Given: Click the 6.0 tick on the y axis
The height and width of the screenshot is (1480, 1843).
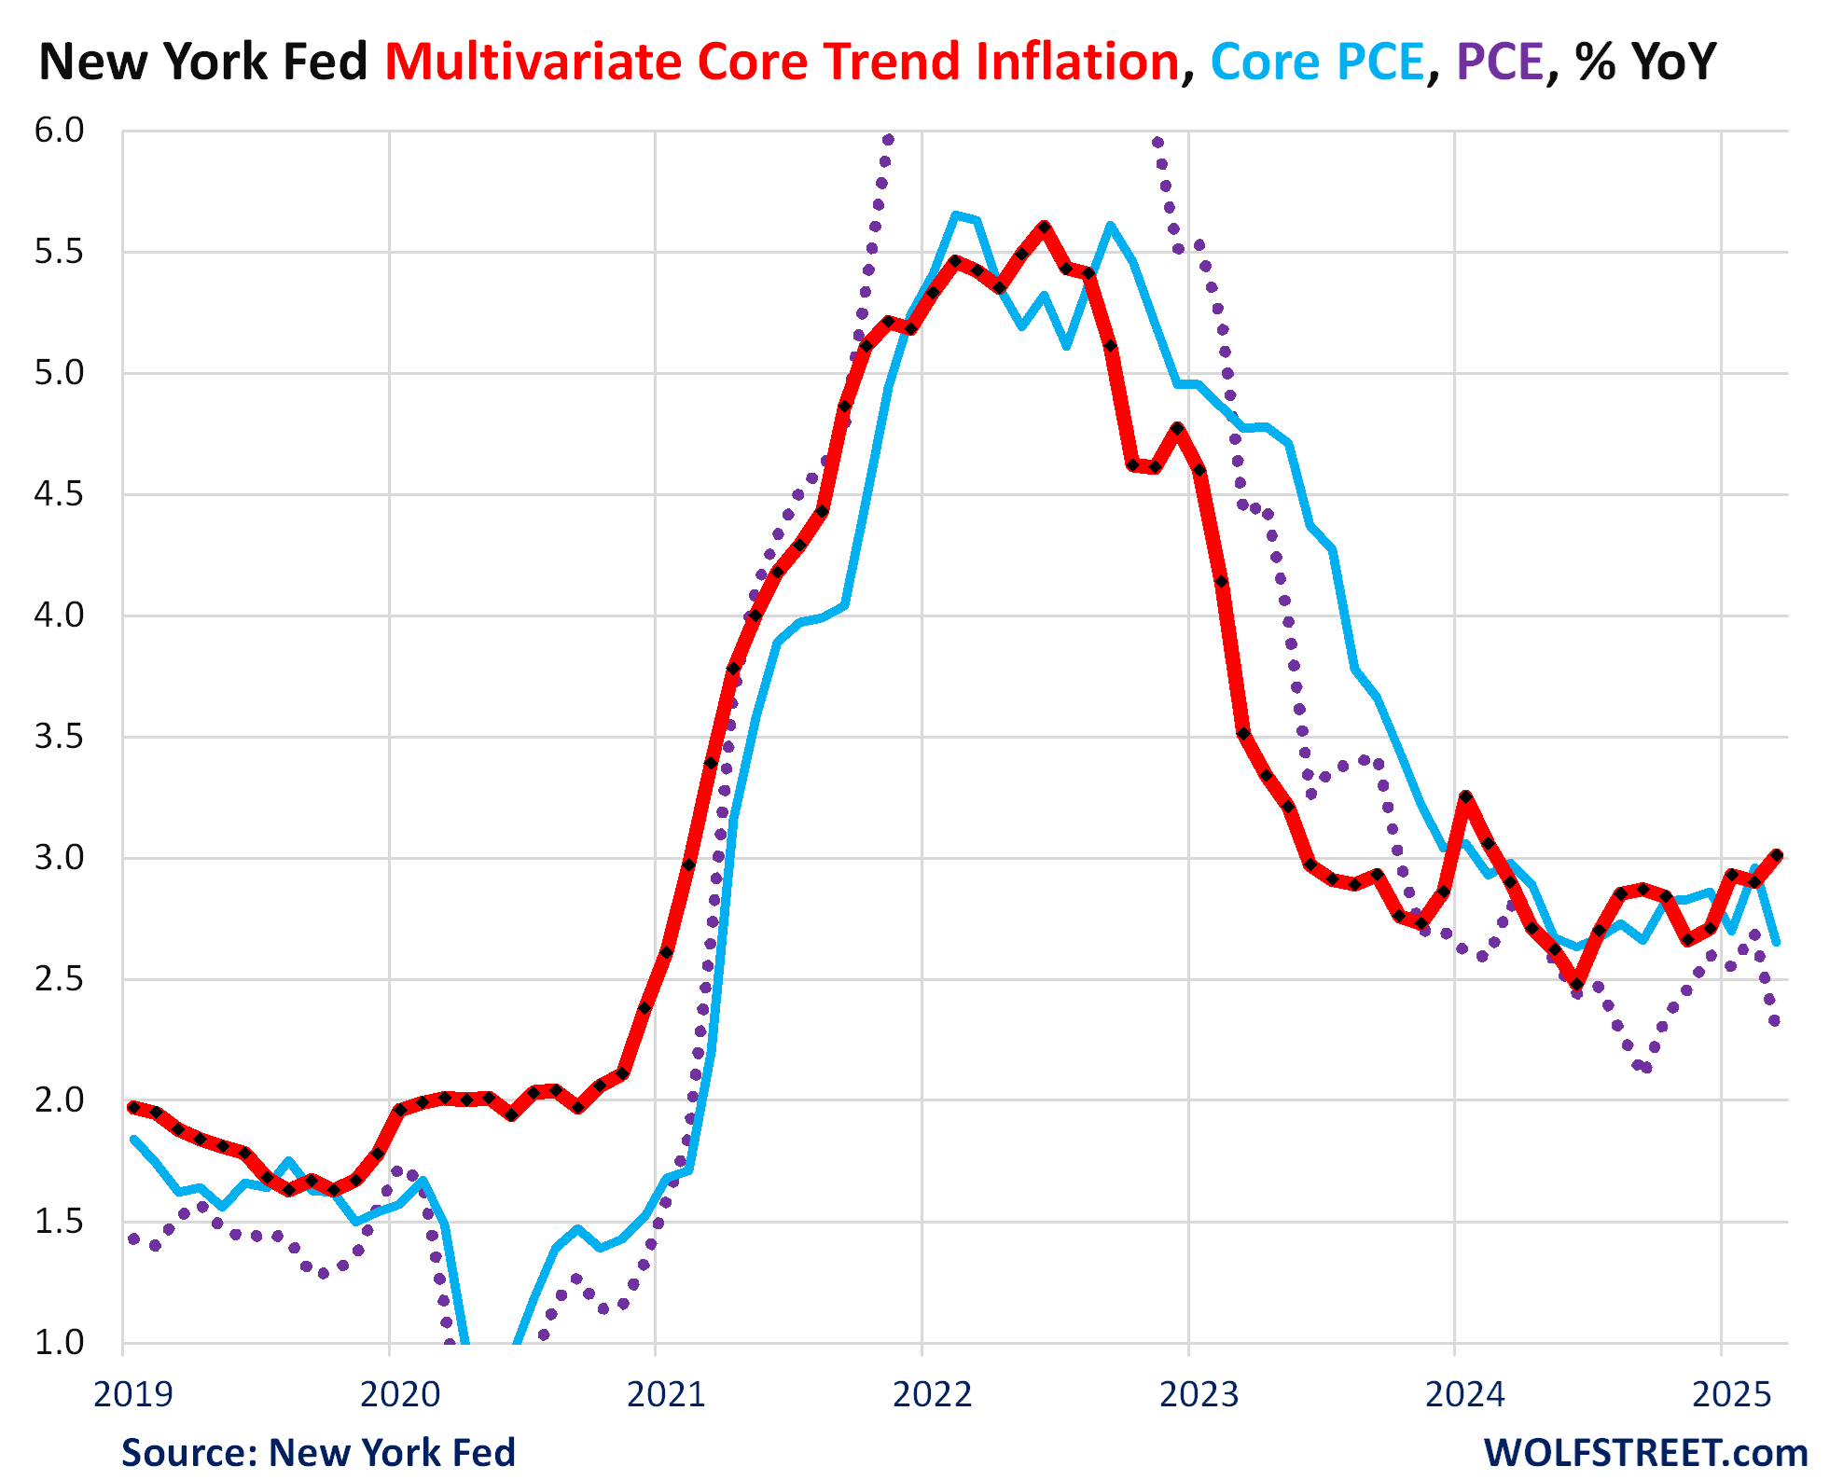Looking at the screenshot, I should (x=59, y=131).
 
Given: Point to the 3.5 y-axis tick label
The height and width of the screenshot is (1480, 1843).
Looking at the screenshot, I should (x=59, y=737).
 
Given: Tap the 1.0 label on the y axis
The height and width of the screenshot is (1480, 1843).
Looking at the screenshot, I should (x=59, y=1343).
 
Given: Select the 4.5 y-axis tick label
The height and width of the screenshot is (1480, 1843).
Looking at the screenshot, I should (x=59, y=494).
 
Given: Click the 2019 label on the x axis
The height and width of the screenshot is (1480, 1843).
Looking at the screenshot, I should (x=133, y=1394).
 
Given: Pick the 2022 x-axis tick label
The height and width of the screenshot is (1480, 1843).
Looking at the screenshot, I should (x=932, y=1394).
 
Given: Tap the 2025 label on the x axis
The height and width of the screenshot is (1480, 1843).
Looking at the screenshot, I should (x=1731, y=1394).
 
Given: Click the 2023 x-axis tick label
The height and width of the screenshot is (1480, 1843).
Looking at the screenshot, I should (x=1199, y=1394).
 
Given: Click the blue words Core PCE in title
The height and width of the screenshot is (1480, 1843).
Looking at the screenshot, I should (x=1317, y=62).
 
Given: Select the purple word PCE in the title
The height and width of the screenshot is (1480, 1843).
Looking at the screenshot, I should (x=1500, y=62).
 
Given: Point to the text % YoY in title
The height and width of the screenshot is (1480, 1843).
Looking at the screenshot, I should (x=1646, y=62).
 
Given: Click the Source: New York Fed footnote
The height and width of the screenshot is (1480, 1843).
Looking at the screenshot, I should (x=318, y=1453).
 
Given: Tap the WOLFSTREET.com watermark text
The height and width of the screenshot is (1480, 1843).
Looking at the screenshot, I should (x=1645, y=1453).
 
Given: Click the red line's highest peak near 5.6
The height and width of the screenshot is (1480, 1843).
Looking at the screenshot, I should (x=1045, y=227).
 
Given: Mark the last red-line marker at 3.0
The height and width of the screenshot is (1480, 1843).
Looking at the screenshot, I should (x=1777, y=855).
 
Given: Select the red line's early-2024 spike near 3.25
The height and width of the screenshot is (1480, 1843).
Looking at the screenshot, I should (x=1466, y=797).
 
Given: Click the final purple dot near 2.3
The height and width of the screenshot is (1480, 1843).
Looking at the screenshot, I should (x=1775, y=1021).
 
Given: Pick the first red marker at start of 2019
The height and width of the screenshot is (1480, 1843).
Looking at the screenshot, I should (x=133, y=1107).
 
